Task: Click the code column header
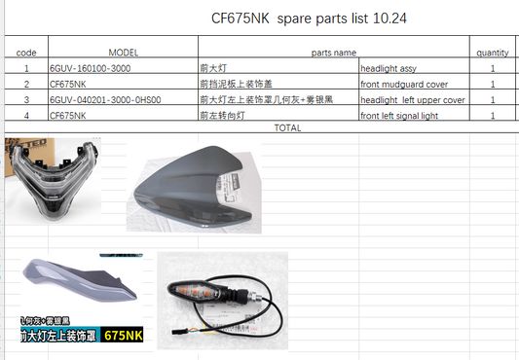(x=27, y=52)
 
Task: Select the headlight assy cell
(x=389, y=69)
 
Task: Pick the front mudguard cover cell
(x=403, y=85)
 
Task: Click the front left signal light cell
(x=399, y=116)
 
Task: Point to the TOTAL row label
(x=288, y=127)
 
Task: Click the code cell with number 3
(x=27, y=100)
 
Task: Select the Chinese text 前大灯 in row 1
(x=213, y=69)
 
